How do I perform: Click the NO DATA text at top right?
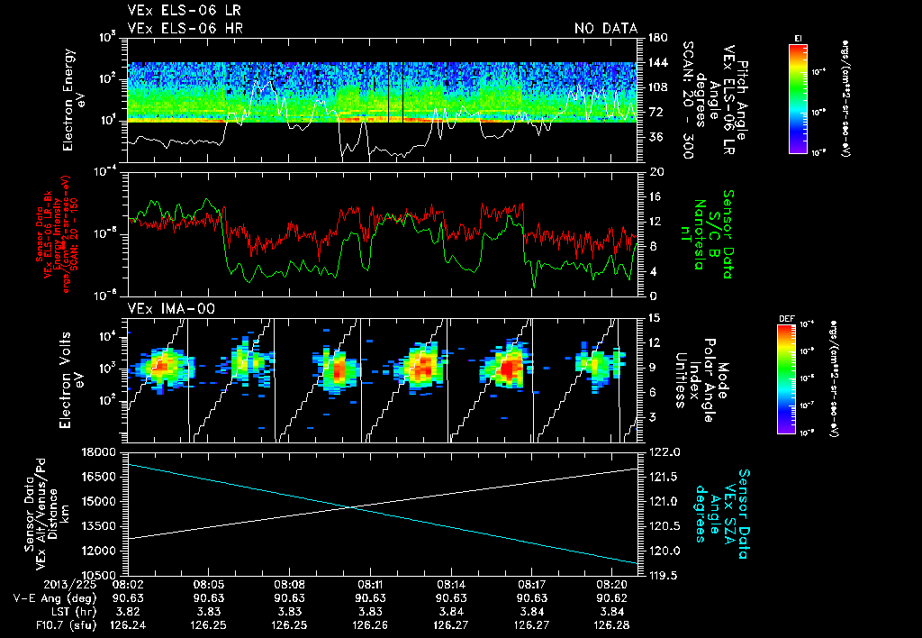(x=605, y=29)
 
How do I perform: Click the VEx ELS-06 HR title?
(x=185, y=29)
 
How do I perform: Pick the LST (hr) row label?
(x=69, y=610)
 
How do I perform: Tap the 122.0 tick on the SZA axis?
(x=663, y=451)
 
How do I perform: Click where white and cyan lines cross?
(x=353, y=507)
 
